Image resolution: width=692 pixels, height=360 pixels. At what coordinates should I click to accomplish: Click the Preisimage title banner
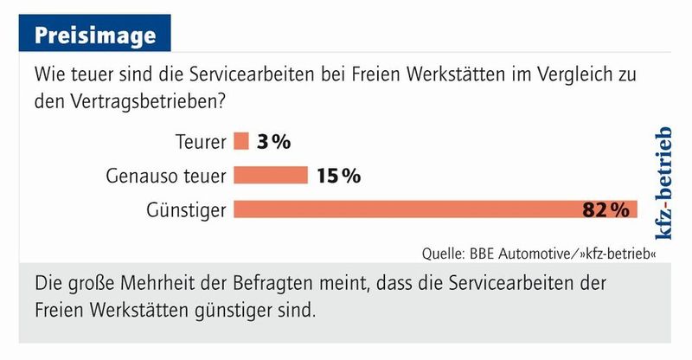click(x=95, y=35)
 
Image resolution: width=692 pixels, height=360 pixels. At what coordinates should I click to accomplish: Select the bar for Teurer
click(x=241, y=141)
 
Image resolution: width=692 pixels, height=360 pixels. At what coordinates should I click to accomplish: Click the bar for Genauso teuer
click(x=271, y=176)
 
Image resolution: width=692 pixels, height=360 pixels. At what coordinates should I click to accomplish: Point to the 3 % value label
click(x=272, y=142)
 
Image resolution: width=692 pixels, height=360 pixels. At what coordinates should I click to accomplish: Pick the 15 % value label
click(x=338, y=176)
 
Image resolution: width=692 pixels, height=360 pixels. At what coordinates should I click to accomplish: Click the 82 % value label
click(x=605, y=209)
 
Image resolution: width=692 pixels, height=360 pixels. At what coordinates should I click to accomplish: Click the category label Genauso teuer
click(x=166, y=176)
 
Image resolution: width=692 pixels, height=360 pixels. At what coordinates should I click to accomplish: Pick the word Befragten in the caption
click(x=259, y=284)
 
